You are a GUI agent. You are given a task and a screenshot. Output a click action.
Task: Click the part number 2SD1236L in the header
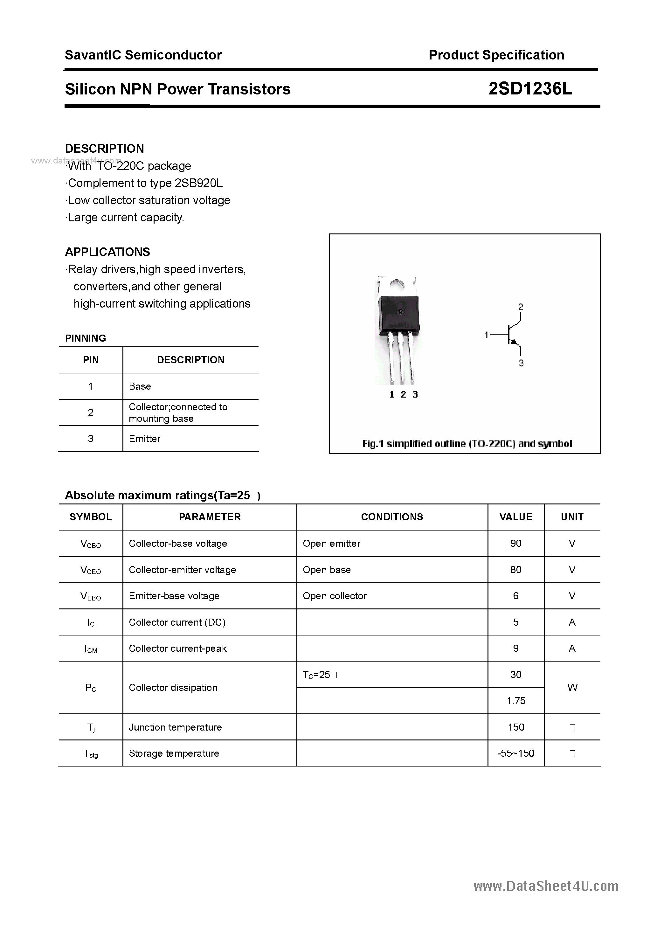[x=530, y=89]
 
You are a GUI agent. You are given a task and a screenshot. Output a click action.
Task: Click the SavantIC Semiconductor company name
[x=143, y=55]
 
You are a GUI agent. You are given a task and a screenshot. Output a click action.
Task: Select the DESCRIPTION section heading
[x=105, y=149]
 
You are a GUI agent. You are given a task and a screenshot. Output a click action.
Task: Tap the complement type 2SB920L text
[x=198, y=183]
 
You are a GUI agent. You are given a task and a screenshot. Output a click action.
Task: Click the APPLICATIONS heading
[x=107, y=252]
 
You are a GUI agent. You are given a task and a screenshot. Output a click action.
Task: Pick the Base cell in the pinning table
[x=140, y=386]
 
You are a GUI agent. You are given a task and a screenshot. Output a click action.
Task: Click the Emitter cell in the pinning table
[x=145, y=439]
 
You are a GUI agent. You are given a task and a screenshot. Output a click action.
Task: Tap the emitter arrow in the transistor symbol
[x=515, y=342]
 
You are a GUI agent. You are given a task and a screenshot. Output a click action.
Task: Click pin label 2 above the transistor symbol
[x=521, y=307]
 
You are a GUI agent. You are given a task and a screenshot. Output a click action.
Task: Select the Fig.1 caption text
[x=467, y=444]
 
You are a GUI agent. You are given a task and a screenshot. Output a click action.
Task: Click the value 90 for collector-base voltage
[x=515, y=543]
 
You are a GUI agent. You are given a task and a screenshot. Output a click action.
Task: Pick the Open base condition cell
[x=327, y=570]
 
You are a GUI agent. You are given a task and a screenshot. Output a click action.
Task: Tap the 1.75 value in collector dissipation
[x=515, y=701]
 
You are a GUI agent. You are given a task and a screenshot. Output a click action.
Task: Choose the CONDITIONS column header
[x=392, y=517]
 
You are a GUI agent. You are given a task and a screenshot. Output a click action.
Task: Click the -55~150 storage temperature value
[x=515, y=753]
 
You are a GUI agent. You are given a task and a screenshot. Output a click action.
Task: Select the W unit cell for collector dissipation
[x=572, y=687]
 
